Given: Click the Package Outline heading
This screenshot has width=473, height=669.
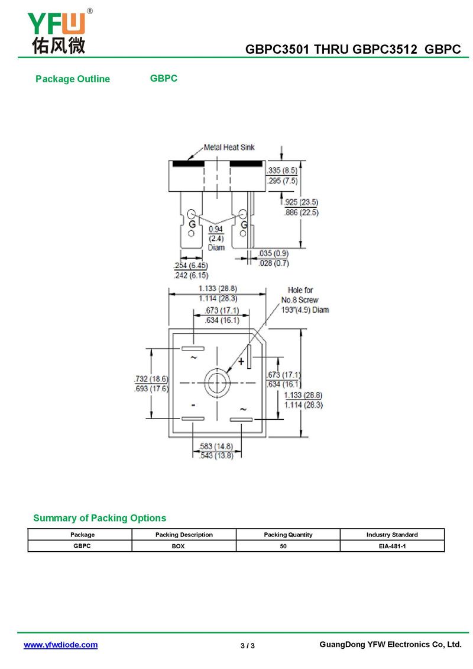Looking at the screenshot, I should point(73,79).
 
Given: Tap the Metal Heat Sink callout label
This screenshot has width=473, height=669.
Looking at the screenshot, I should point(229,147).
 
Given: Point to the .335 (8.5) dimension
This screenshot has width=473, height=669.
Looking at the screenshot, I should point(282,171).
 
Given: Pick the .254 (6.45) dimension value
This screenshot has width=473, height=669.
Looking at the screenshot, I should point(191,266).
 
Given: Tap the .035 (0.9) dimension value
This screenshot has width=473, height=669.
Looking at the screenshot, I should point(274,254).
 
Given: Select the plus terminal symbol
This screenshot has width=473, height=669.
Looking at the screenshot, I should point(241,361).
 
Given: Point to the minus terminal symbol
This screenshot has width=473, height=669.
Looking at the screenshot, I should point(193,405).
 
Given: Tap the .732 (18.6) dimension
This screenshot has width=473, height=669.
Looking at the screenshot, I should point(151,379).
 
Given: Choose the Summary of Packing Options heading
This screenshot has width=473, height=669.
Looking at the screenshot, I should point(99,518).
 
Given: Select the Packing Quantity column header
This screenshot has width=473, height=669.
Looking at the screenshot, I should point(288,535).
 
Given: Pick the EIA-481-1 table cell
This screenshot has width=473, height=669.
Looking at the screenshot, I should point(392,546).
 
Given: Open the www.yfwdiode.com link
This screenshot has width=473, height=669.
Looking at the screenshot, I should point(60,645).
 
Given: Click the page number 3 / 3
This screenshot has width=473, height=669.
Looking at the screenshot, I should point(248,645).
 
